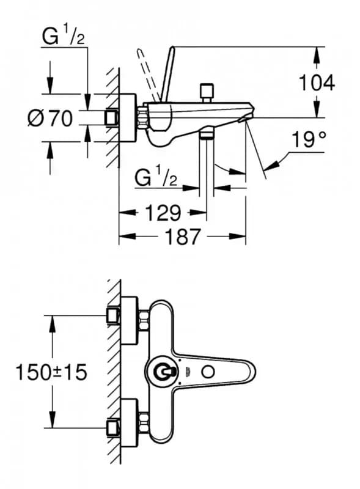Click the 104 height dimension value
tap(317, 83)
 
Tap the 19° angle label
tap(309, 139)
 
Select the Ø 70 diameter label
tap(50, 119)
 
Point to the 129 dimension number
tap(163, 213)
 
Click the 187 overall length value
tap(183, 237)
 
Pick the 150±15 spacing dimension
tap(51, 372)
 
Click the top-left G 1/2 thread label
tap(64, 37)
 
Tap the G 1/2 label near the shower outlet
tap(156, 177)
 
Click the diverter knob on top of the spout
tap(207, 93)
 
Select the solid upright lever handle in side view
tap(167, 74)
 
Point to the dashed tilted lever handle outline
tap(147, 75)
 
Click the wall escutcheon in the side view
tap(127, 118)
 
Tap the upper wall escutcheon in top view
tap(128, 320)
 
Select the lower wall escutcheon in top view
tap(128, 423)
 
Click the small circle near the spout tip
tap(208, 372)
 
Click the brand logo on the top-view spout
tap(188, 370)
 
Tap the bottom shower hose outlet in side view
tap(206, 133)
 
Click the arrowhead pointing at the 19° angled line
tap(271, 164)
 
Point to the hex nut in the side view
tap(142, 117)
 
